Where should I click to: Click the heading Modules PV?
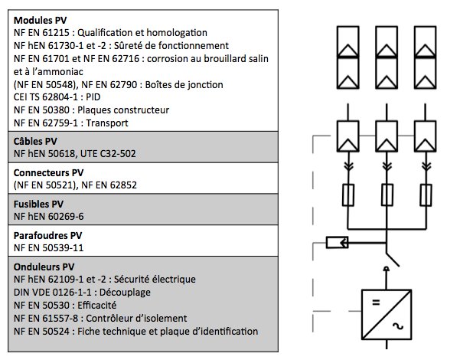point(41,19)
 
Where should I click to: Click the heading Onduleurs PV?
point(45,266)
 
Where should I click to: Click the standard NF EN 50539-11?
point(51,248)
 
